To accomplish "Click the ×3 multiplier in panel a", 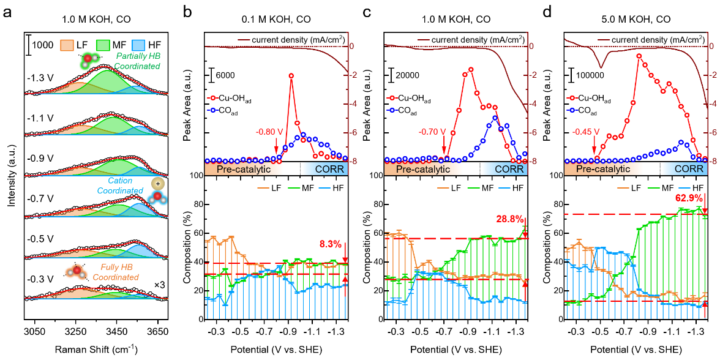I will [160, 285].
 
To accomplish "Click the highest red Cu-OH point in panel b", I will [291, 76].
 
